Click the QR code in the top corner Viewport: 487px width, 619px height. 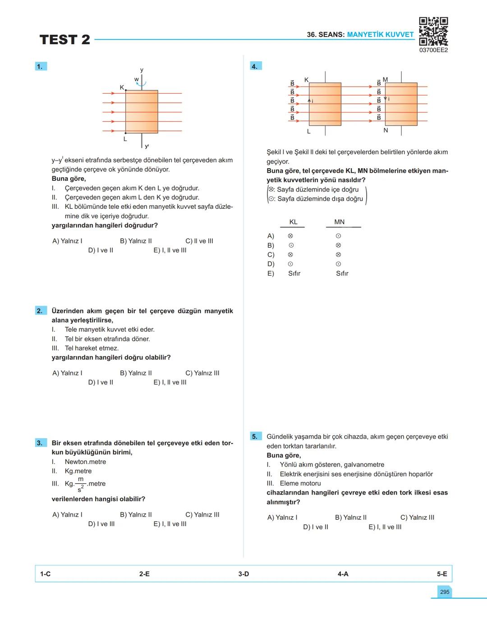(433, 31)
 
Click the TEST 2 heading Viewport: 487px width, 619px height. (65, 40)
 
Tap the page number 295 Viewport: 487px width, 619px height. (445, 592)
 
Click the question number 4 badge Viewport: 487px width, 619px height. (255, 66)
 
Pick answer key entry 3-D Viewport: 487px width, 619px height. (243, 574)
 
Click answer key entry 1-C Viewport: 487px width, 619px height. (45, 574)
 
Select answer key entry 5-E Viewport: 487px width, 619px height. (442, 574)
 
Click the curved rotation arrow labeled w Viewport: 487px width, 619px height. (141, 83)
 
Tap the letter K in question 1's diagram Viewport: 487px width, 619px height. (122, 87)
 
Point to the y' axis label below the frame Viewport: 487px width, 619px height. (147, 146)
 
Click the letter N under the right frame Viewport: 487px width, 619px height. (386, 130)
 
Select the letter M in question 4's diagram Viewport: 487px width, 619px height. (385, 80)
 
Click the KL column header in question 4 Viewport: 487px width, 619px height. (293, 222)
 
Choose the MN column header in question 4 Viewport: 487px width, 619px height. (340, 222)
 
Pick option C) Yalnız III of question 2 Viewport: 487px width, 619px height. (202, 373)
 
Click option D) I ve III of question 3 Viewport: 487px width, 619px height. (101, 524)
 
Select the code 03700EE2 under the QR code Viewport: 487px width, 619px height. (433, 50)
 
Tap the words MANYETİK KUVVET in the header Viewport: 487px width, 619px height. (380, 34)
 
